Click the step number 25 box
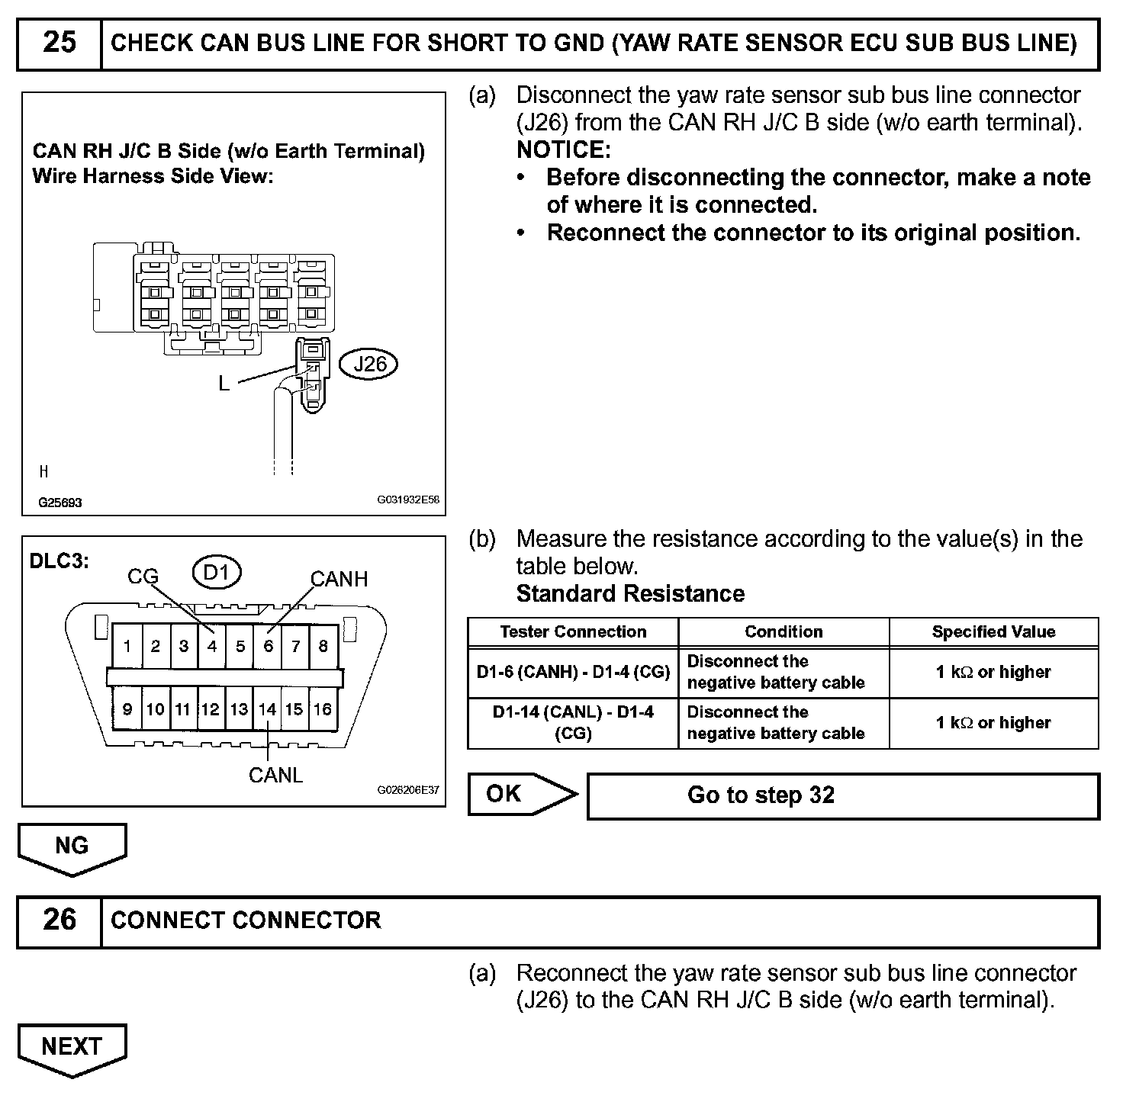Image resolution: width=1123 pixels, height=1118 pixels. click(60, 43)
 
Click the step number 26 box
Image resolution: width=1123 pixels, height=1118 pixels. click(60, 920)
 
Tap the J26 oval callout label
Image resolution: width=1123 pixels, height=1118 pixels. click(370, 364)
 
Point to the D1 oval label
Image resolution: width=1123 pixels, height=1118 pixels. click(216, 572)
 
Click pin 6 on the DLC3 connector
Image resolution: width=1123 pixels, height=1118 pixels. click(268, 647)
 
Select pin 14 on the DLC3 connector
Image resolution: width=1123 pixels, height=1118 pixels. click(267, 710)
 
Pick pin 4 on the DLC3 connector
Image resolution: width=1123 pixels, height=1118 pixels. click(212, 647)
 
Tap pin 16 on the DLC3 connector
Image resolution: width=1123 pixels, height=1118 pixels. click(323, 710)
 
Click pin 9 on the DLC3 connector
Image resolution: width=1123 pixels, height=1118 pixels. click(127, 710)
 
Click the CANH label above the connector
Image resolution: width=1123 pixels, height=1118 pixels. click(339, 580)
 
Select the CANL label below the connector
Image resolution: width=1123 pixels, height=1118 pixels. click(275, 776)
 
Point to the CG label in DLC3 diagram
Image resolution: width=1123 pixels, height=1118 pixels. click(143, 577)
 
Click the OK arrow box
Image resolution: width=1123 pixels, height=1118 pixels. click(520, 795)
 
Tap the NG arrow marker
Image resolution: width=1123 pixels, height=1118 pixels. click(72, 847)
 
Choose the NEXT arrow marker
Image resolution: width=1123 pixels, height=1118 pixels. click(72, 1047)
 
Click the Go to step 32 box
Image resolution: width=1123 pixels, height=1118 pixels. click(842, 796)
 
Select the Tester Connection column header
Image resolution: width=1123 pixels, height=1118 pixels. click(573, 632)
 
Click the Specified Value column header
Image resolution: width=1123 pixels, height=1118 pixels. click(993, 632)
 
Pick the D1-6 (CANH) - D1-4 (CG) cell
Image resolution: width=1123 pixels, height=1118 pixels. click(573, 673)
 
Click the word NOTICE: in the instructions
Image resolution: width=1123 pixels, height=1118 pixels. click(564, 149)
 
